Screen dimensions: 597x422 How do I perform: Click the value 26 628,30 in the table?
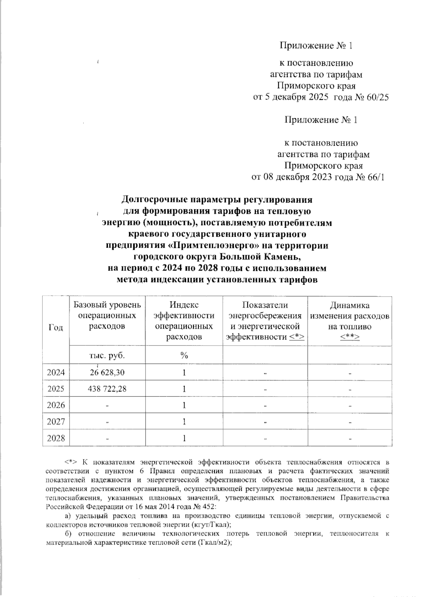107,373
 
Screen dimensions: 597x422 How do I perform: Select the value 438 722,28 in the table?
107,389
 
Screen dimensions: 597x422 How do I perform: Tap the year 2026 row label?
56,405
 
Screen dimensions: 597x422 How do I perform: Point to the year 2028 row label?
56,438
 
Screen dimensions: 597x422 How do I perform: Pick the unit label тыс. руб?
107,355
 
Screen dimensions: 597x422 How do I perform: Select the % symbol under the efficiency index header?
184,355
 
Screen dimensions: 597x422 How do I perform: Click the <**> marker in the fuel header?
350,337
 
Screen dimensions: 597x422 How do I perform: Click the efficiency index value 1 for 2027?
184,421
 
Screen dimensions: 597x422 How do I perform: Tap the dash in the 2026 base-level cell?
107,406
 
